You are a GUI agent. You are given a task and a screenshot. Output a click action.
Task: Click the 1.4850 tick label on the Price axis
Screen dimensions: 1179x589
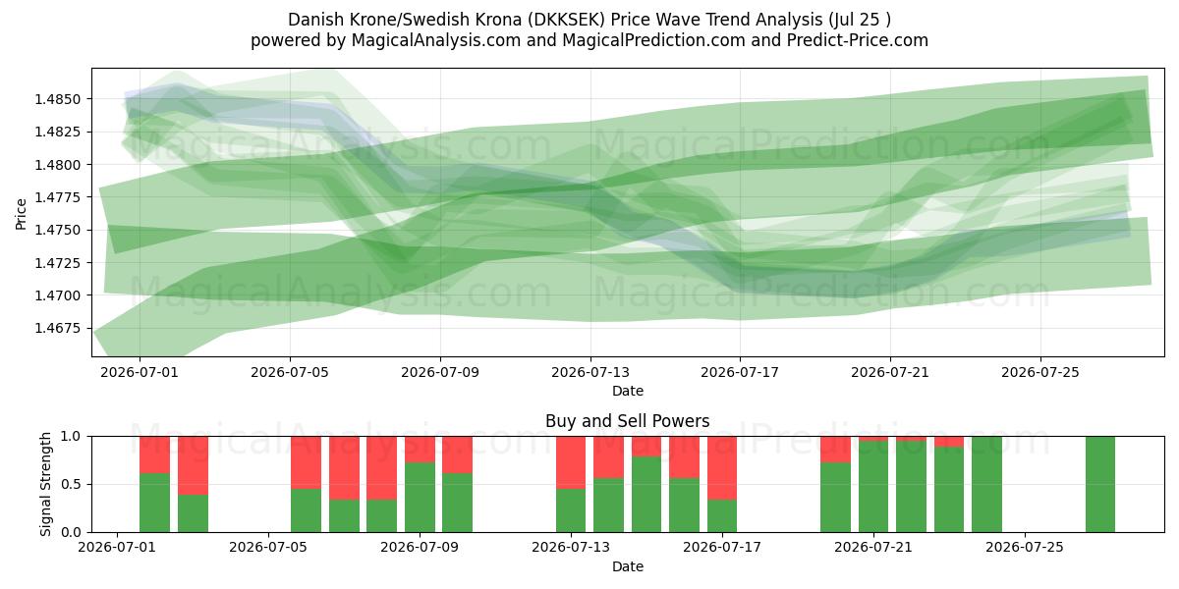[x=57, y=99]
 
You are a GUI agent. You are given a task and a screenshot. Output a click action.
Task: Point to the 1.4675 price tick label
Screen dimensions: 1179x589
[x=57, y=329]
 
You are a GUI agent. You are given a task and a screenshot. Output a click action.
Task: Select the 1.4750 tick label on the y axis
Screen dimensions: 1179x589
[x=57, y=231]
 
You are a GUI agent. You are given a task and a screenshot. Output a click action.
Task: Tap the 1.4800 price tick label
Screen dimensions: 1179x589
[x=57, y=165]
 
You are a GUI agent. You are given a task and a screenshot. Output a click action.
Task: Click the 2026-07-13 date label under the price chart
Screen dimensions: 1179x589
[x=590, y=372]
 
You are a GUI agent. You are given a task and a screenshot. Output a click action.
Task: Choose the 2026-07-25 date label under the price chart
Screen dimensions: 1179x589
[x=1040, y=372]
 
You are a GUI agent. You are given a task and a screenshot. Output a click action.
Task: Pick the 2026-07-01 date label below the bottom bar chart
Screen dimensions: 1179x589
[x=117, y=548]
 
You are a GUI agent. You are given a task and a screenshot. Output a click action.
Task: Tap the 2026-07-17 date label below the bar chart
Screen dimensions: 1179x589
[x=722, y=548]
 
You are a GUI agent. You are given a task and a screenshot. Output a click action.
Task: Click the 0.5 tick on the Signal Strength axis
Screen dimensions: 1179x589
[x=71, y=484]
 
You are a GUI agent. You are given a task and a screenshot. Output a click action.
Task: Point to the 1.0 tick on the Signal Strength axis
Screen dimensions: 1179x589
[x=71, y=437]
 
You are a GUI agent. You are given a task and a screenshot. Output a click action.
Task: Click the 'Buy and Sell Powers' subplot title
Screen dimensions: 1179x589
[x=628, y=421]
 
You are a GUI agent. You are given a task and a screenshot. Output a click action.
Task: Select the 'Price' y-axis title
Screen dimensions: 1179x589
[x=21, y=214]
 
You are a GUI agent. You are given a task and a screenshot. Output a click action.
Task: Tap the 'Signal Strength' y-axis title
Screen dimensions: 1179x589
[x=45, y=484]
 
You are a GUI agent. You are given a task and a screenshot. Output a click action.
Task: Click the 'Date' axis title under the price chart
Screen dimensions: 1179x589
[x=628, y=391]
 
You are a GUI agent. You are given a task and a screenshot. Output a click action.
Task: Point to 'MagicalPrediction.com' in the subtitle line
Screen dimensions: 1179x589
[x=653, y=40]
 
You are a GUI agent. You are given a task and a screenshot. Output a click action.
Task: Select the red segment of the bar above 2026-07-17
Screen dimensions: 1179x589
[x=722, y=467]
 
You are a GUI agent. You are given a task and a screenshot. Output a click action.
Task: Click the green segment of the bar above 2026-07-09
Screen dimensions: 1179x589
[x=421, y=497]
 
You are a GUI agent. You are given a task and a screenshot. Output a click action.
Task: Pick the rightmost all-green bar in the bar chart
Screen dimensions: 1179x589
[x=1100, y=484]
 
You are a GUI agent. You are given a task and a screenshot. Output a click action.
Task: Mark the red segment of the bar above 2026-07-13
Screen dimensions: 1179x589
[x=571, y=462]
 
